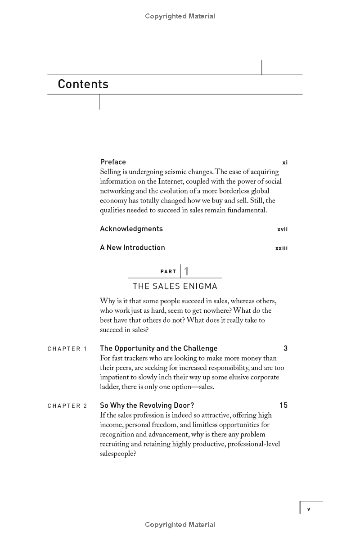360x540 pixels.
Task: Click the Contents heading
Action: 83,84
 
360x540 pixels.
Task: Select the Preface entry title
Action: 113,162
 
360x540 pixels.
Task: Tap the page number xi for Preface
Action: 284,162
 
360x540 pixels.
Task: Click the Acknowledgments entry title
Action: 131,229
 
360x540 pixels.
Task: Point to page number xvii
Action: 282,229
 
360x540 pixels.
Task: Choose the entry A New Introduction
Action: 132,247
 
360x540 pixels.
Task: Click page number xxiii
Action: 281,248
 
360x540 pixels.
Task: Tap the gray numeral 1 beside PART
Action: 186,271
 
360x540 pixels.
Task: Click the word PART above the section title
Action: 168,272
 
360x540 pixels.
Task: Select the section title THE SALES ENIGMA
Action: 175,286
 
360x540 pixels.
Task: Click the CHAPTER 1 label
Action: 67,349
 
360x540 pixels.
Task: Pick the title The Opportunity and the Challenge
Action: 158,348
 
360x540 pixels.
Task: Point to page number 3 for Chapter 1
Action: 286,348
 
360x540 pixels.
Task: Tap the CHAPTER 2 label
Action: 67,406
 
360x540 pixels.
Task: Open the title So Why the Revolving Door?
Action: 147,405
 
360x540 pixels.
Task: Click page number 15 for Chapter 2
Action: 283,405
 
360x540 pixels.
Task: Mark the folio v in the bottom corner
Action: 309,509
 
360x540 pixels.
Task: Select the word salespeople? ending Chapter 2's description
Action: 118,454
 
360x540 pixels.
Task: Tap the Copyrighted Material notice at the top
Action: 180,16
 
